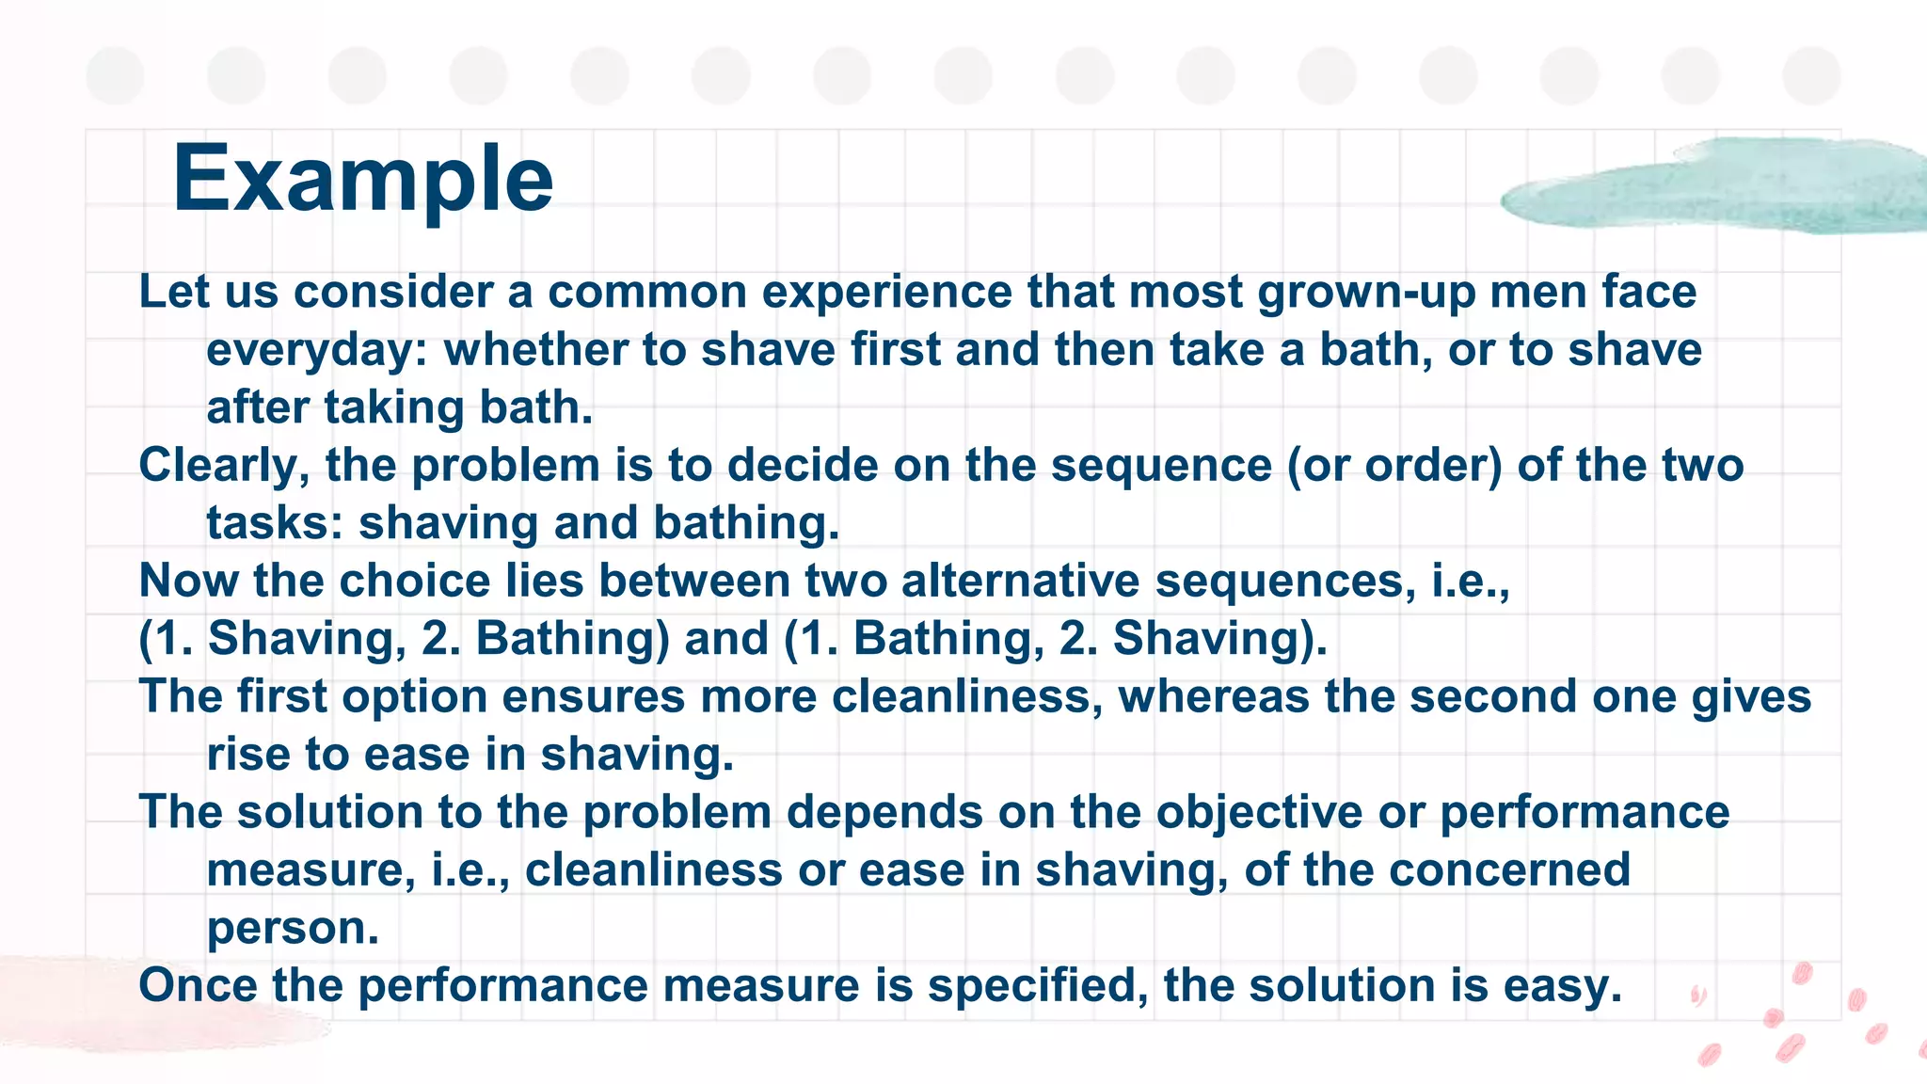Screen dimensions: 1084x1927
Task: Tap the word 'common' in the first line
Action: tap(647, 292)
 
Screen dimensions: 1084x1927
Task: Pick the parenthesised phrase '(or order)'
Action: tap(1394, 467)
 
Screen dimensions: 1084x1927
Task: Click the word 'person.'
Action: tap(293, 930)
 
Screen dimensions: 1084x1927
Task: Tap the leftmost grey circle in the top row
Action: tap(115, 75)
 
